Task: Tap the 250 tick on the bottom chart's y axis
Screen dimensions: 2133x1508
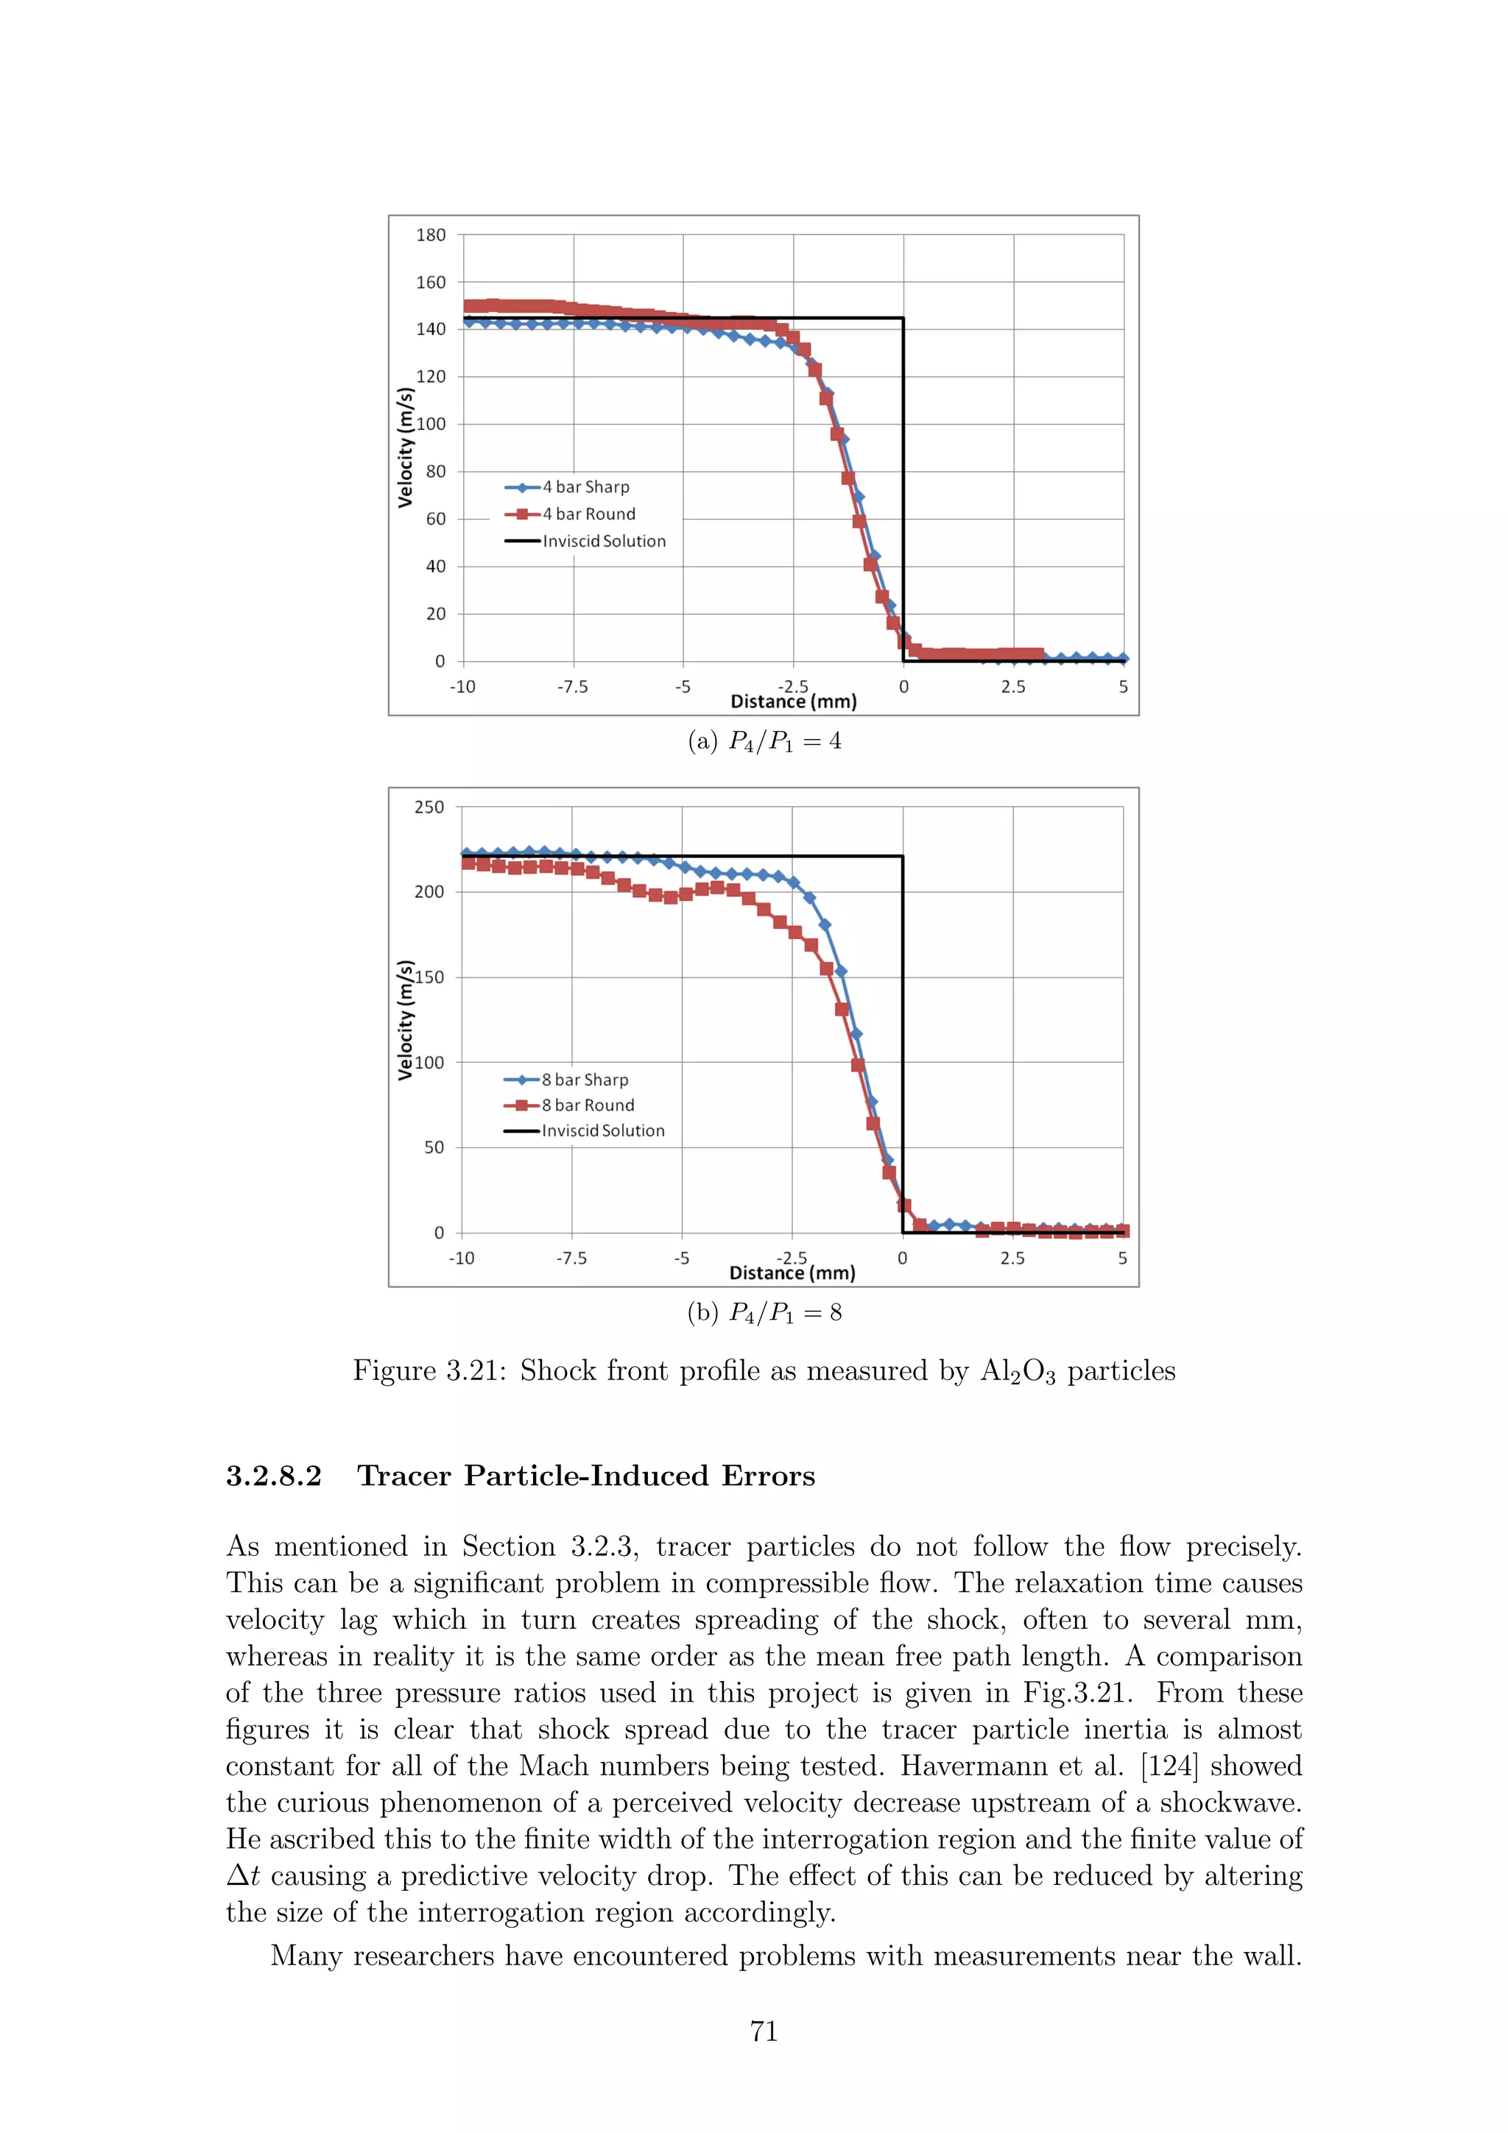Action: [x=429, y=807]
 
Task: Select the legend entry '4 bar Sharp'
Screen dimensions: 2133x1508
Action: [x=585, y=487]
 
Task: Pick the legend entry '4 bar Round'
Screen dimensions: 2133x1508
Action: [x=588, y=514]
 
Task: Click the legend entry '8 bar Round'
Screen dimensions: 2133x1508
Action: [x=587, y=1105]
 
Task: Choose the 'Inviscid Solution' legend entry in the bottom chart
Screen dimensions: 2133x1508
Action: [x=602, y=1131]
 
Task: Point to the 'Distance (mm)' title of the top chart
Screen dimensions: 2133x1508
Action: [x=794, y=701]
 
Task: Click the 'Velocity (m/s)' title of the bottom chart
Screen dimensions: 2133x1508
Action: [x=405, y=1019]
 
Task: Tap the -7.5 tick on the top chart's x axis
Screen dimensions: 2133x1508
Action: [x=572, y=687]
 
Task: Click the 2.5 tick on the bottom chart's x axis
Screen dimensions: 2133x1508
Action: [x=1012, y=1258]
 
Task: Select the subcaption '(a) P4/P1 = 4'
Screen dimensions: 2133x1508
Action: [x=764, y=741]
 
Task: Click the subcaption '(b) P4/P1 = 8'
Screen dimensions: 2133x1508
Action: [x=764, y=1312]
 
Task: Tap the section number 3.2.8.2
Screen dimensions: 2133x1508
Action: [x=274, y=1476]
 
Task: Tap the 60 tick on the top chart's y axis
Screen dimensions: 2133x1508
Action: [x=436, y=520]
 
